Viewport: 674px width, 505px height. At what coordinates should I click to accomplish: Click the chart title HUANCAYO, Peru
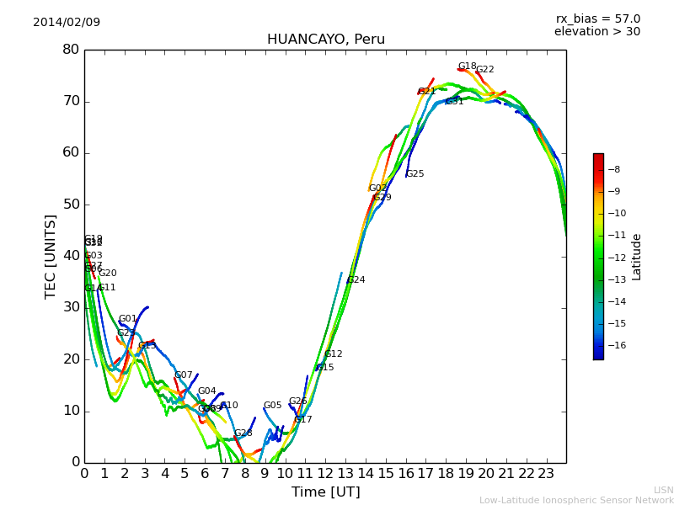point(325,40)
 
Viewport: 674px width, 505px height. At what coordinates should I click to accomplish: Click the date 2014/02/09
point(67,23)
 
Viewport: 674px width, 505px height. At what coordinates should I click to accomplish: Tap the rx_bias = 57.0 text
point(597,19)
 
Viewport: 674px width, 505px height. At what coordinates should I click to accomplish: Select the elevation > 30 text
point(596,32)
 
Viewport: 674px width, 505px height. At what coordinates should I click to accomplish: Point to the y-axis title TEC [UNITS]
point(51,256)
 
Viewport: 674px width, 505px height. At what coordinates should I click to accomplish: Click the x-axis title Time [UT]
point(325,492)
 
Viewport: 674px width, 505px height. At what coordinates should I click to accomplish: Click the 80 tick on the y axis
point(71,50)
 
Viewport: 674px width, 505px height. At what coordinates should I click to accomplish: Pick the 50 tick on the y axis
point(71,205)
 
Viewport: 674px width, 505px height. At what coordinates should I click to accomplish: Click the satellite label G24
point(356,280)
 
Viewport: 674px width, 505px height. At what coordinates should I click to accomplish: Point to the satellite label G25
point(415,174)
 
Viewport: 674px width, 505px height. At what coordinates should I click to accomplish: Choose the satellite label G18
point(467,66)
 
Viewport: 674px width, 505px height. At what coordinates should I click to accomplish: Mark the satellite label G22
point(485,70)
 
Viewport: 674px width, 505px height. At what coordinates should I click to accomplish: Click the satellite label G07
point(184,375)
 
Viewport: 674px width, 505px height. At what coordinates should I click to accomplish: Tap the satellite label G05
point(273,406)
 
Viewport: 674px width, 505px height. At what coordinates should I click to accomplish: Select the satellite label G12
point(334,354)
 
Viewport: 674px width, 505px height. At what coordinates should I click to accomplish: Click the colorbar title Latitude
point(637,257)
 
